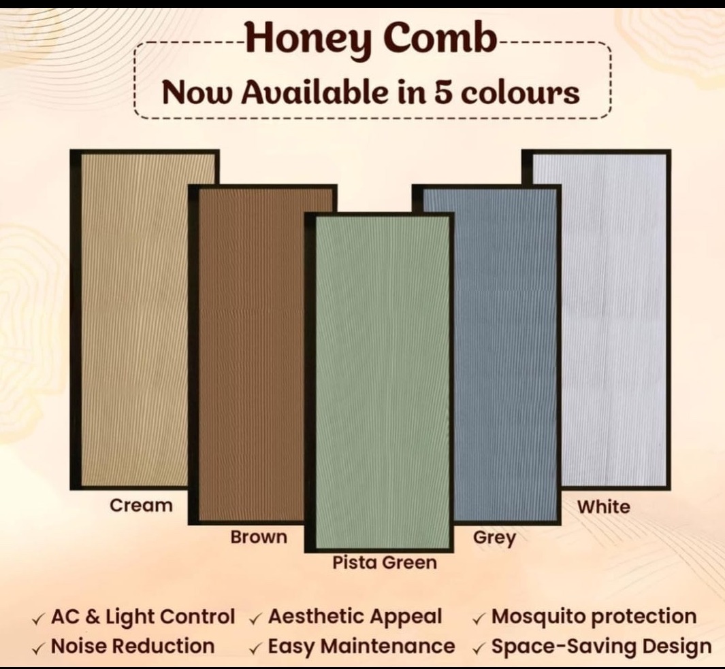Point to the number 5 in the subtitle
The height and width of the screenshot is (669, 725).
point(442,92)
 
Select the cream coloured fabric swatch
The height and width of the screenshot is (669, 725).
point(134,320)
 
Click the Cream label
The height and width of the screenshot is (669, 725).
point(141,506)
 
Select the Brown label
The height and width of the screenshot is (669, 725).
point(259,537)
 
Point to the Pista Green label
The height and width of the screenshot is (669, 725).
point(385,563)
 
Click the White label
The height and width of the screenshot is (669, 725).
point(603,507)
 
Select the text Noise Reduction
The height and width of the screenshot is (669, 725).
point(133,646)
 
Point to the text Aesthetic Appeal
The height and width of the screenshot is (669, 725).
point(355,617)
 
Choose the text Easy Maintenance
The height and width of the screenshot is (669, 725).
point(361,647)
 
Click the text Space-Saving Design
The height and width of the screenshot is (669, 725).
point(601,647)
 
